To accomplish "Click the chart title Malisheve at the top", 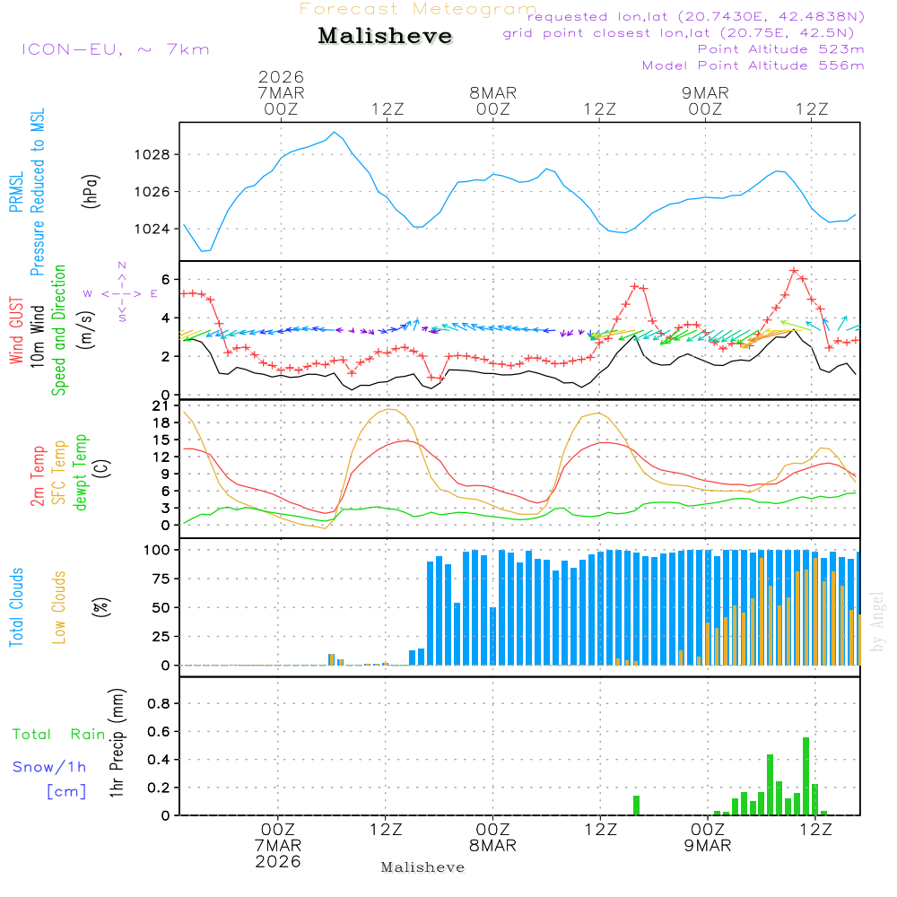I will point(385,37).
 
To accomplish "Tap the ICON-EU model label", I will point(115,49).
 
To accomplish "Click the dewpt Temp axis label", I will point(82,473).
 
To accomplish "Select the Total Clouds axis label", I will point(16,607).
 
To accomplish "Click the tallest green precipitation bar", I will point(806,776).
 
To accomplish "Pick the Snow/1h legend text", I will point(50,767).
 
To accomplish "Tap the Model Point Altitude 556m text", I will point(753,65).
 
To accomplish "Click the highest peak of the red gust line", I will point(794,270).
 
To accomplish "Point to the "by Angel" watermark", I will point(877,621).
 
